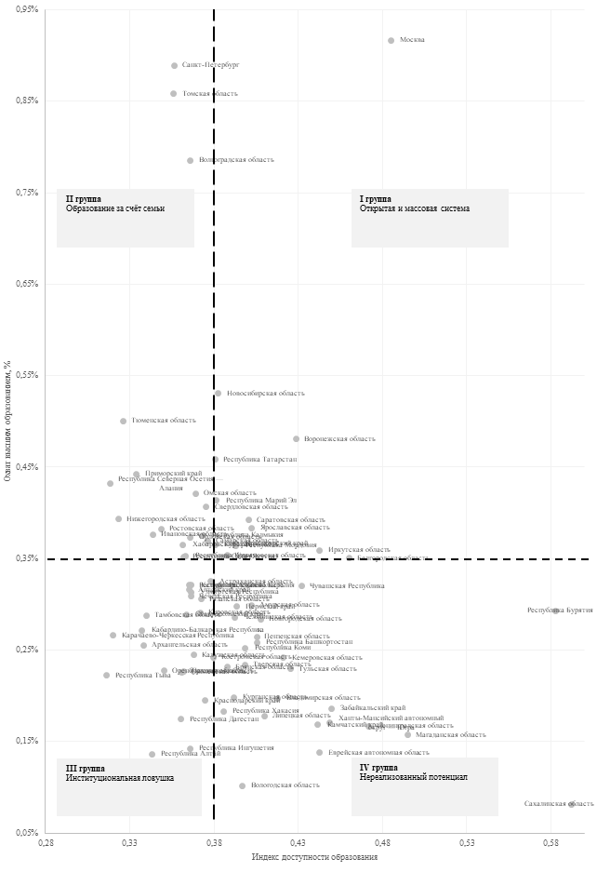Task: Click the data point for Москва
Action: coord(391,40)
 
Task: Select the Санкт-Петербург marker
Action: coord(174,65)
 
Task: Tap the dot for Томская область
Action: coord(173,93)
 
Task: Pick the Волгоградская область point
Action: coord(190,160)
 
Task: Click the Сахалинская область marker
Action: coord(571,803)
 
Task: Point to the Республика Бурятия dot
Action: coord(556,610)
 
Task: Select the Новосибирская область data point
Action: coord(218,393)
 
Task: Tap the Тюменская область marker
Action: coord(123,421)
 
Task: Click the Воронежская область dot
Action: coord(296,438)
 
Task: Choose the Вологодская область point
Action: coord(242,785)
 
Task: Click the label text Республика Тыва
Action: coord(143,675)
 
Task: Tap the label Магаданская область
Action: coord(451,735)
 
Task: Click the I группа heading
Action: coord(376,199)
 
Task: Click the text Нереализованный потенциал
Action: coord(413,777)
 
